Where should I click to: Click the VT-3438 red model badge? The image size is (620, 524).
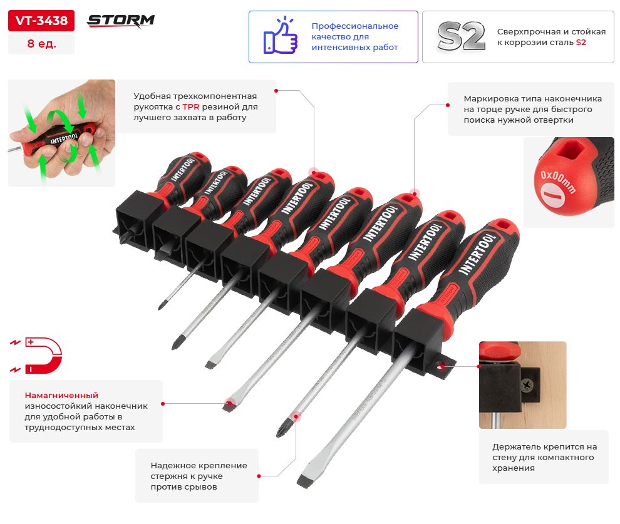coord(41,21)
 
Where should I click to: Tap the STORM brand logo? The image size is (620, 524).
coord(121,21)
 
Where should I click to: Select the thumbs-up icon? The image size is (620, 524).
coord(281,36)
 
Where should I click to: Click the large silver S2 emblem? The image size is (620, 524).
coord(461,36)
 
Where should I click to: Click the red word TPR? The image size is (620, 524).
coord(191,106)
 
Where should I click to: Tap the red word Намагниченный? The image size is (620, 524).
coord(61,395)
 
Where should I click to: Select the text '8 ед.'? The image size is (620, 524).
coord(41,43)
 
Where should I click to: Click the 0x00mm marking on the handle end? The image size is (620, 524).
coord(557,182)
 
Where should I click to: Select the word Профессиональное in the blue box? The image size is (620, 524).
coord(354,26)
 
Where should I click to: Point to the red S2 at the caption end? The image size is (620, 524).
coord(581,43)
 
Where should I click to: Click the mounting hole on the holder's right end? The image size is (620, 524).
coord(440,366)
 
